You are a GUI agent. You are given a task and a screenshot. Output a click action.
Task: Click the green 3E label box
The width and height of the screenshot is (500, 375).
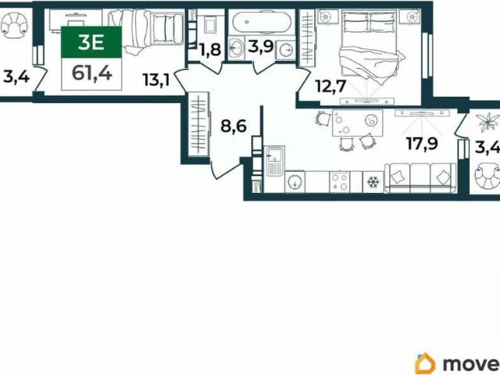91,42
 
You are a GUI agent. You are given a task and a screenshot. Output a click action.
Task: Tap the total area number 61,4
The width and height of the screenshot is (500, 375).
92,73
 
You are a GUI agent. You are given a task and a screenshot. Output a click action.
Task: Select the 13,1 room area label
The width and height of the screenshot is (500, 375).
155,80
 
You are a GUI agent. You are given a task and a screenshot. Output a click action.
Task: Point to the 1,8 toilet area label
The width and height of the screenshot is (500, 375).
209,50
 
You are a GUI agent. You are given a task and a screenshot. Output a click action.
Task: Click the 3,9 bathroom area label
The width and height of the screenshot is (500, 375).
261,47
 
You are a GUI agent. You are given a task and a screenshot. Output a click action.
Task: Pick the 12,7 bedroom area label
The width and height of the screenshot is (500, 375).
330,86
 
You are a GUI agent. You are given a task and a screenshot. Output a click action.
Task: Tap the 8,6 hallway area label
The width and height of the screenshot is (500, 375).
234,126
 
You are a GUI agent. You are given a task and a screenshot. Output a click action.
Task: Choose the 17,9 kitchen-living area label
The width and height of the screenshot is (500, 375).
422,143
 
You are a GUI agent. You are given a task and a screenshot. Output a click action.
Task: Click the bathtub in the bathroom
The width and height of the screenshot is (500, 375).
262,22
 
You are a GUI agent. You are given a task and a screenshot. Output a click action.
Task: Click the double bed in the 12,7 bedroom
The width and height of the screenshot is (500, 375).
369,46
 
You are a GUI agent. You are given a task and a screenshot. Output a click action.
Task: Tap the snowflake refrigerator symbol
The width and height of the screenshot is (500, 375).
373,182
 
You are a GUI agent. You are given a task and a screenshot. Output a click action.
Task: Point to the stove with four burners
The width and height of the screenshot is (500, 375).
339,182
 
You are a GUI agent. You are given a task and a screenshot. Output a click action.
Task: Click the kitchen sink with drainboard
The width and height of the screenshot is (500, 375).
274,162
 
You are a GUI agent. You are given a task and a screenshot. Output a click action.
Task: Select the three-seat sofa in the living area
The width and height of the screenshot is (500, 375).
420,178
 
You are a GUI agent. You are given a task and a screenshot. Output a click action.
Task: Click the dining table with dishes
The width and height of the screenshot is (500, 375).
358,123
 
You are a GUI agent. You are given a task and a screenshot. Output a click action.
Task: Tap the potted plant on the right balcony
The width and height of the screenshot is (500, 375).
487,122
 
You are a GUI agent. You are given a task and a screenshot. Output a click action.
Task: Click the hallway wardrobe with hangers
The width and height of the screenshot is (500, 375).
198,124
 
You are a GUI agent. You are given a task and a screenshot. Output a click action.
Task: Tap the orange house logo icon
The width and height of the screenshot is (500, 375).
425,362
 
